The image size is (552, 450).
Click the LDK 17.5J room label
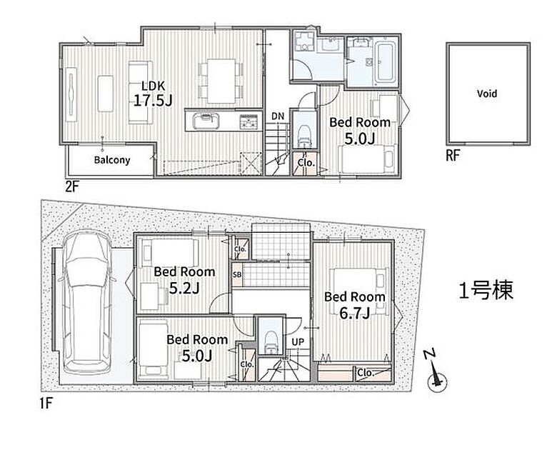pos(153,94)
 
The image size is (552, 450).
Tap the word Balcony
pos(112,160)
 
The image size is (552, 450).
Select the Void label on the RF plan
pos(487,94)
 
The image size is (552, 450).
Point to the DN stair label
pos(278,116)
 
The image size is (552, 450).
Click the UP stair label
pos(298,341)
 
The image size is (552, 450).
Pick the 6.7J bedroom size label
pos(354,313)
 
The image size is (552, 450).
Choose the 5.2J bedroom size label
pos(184,288)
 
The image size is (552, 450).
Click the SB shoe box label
pos(237,274)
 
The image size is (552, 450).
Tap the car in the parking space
pos(87,302)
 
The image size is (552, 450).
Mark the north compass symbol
pos(436,376)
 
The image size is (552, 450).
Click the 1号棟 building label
pos(486,290)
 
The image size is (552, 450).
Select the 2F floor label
pos(72,186)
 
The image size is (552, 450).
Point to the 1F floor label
pos(46,404)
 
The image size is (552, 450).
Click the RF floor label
pos(453,155)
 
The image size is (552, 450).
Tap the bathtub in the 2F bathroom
pos(384,63)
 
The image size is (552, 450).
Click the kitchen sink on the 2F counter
pos(206,121)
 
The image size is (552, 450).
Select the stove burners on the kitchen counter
pos(249,121)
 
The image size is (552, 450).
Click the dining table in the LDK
pos(221,81)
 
